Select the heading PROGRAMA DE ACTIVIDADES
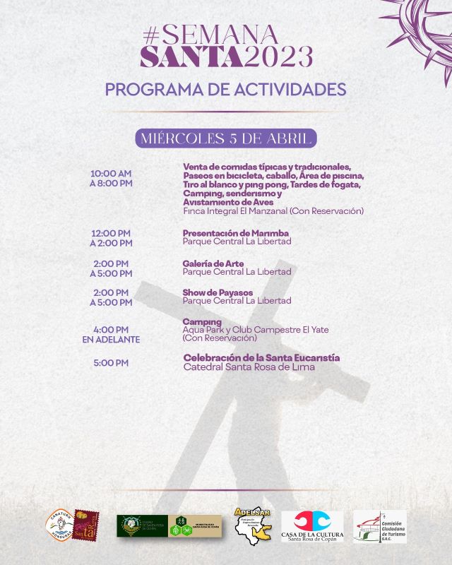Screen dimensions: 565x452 point(225,90)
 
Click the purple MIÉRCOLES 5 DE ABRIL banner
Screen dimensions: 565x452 point(225,138)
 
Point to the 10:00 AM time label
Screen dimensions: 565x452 point(111,174)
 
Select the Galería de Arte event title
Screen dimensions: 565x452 point(213,263)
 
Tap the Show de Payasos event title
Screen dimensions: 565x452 point(218,292)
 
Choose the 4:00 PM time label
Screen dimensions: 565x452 point(111,329)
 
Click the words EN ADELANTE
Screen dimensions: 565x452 point(111,340)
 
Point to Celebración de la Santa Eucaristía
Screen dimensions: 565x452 point(261,358)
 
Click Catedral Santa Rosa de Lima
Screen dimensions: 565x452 point(249,367)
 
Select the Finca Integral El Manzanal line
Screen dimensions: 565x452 point(273,211)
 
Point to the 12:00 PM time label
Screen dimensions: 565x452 point(111,233)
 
